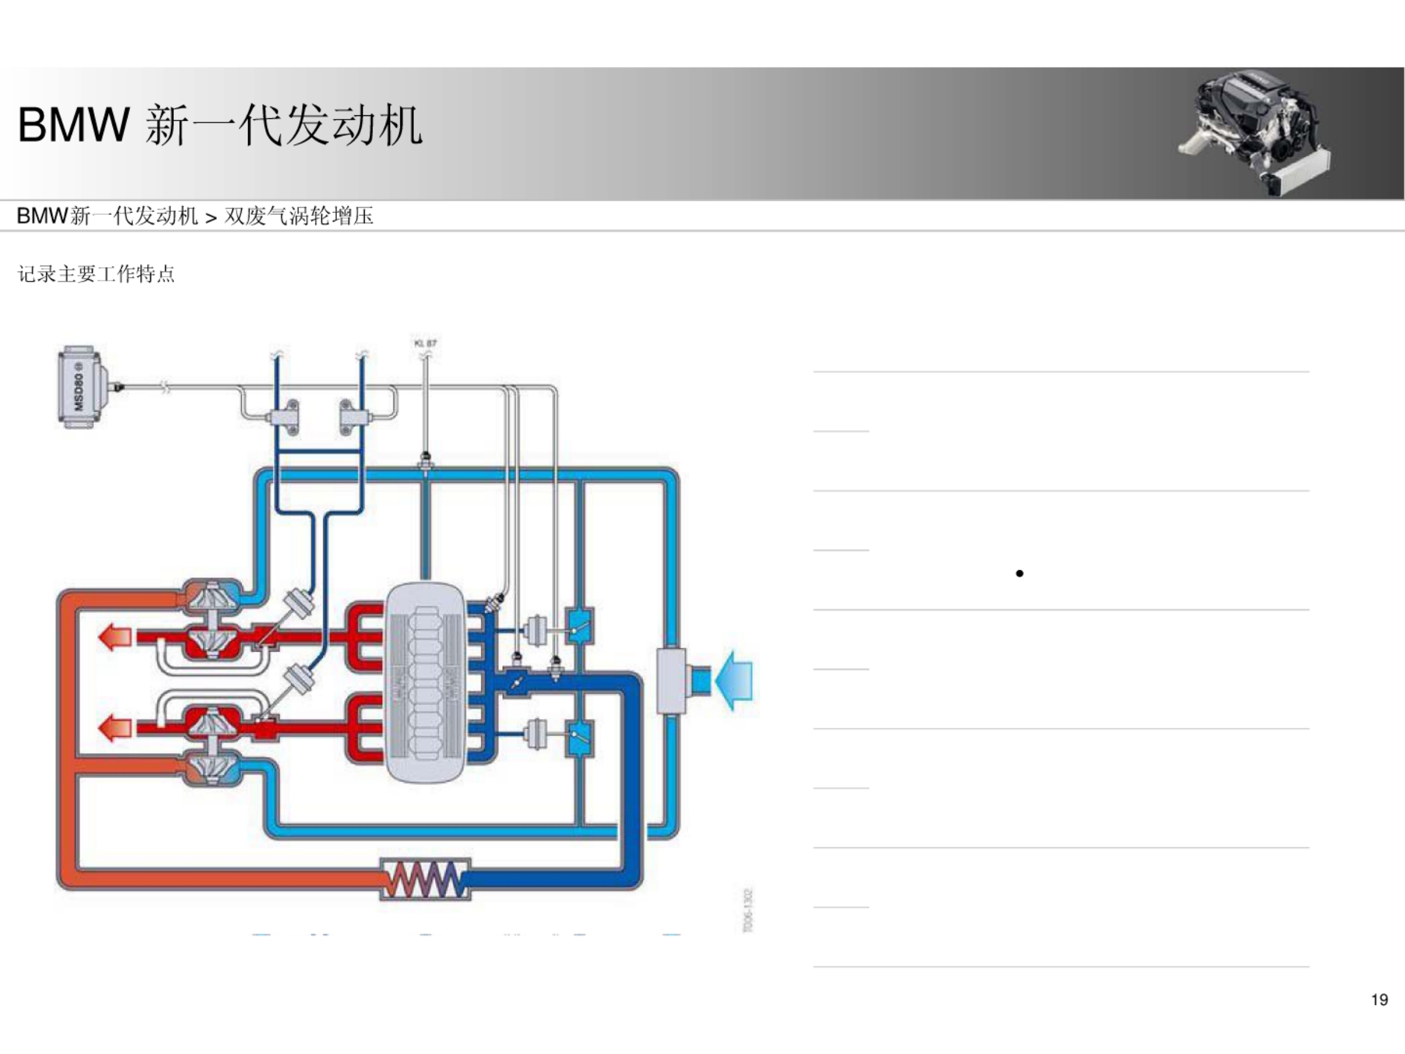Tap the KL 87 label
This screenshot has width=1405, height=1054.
tap(425, 344)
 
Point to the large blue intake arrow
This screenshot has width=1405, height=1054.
tap(734, 680)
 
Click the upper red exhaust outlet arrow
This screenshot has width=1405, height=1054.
tap(115, 636)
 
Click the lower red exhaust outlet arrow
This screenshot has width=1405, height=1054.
tap(115, 727)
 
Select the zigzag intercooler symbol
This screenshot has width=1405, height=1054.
tap(425, 880)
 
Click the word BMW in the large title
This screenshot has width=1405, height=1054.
tap(73, 125)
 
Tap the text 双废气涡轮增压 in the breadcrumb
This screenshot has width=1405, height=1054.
tap(299, 216)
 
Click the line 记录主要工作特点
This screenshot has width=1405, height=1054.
tap(96, 274)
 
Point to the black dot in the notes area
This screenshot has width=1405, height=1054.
tap(1019, 574)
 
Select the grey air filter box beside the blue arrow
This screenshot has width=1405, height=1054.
tap(671, 680)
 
